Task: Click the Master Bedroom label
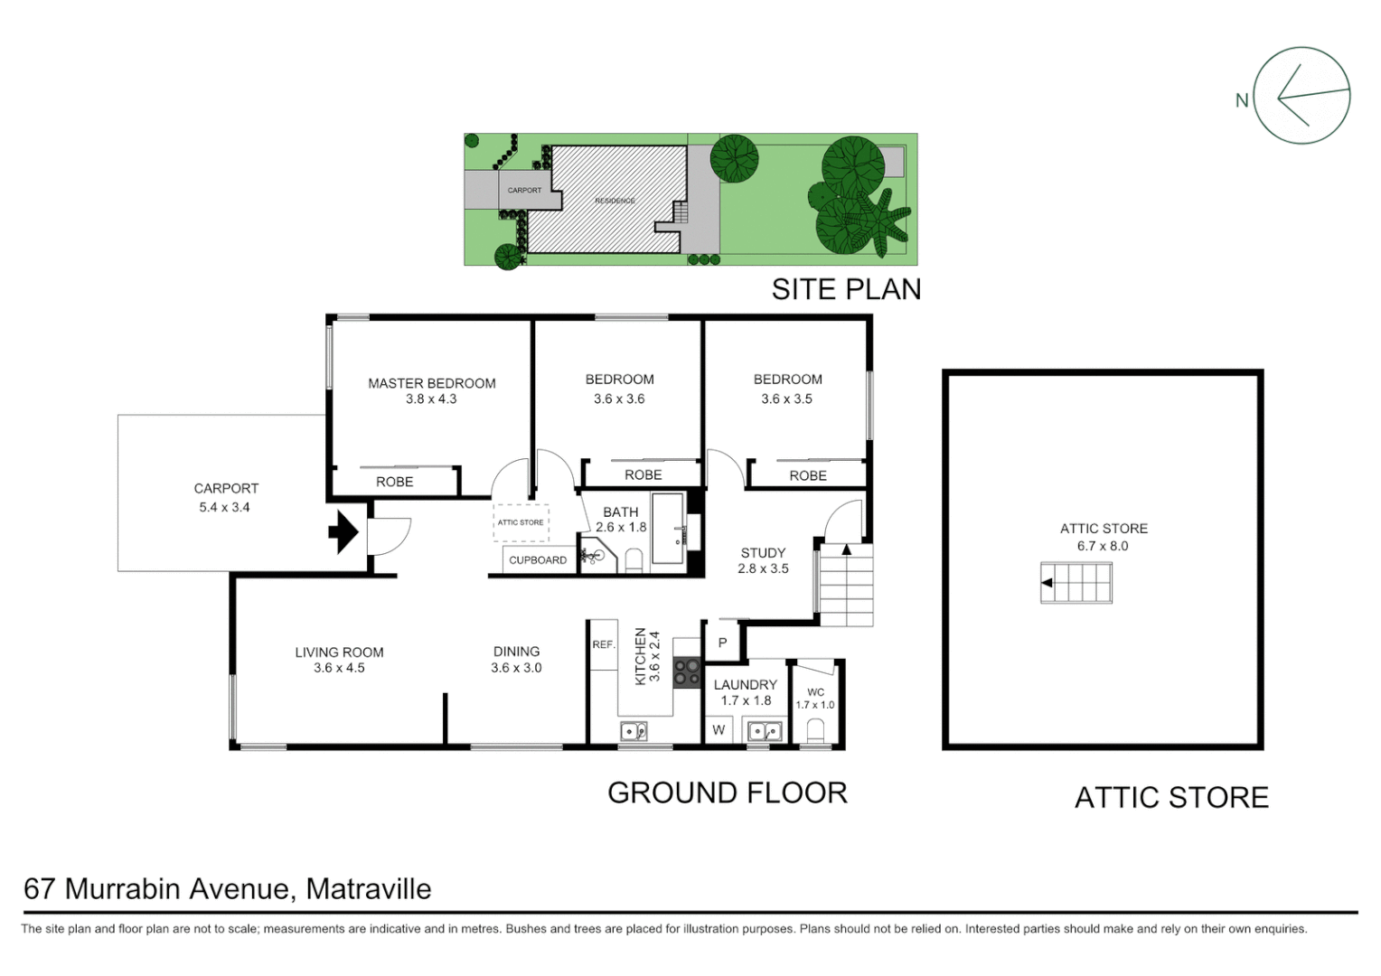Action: pyautogui.click(x=431, y=383)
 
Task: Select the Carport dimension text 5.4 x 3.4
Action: pyautogui.click(x=224, y=507)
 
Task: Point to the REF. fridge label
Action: pyautogui.click(x=603, y=644)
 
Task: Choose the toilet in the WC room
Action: pyautogui.click(x=816, y=729)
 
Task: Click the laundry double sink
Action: pyautogui.click(x=764, y=730)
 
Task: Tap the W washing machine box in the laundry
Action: pyautogui.click(x=719, y=730)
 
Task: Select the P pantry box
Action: pyautogui.click(x=722, y=643)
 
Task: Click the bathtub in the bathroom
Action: pyautogui.click(x=668, y=529)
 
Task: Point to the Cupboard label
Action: pyautogui.click(x=538, y=560)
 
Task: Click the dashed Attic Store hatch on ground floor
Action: pyautogui.click(x=521, y=522)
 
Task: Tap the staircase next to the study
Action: pyautogui.click(x=847, y=585)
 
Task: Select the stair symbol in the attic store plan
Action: pyautogui.click(x=1076, y=583)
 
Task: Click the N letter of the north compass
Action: pyautogui.click(x=1242, y=100)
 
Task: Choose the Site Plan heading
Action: pyautogui.click(x=846, y=289)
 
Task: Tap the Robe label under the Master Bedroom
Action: pyautogui.click(x=394, y=482)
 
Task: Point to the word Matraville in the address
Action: pyautogui.click(x=369, y=889)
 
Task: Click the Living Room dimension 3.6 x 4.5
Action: pyautogui.click(x=339, y=668)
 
